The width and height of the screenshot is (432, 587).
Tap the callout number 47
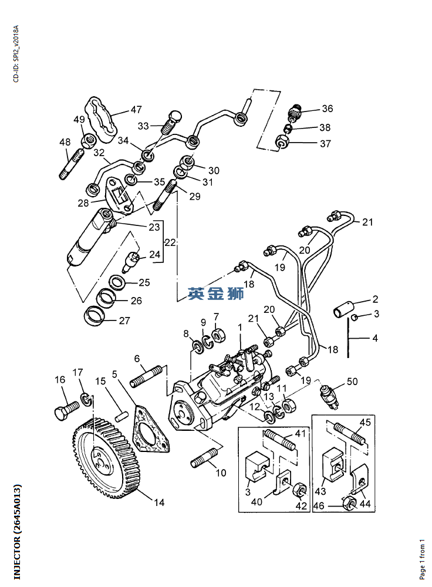[x=136, y=110]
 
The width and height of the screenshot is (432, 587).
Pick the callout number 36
[x=327, y=109]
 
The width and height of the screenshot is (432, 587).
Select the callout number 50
[x=352, y=382]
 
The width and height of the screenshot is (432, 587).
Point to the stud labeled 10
[x=204, y=458]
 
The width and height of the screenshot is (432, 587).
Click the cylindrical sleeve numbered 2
[x=345, y=308]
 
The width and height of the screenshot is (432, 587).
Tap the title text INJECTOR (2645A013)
[x=17, y=531]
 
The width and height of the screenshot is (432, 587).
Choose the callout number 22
[x=170, y=242]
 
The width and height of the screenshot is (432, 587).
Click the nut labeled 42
[x=298, y=489]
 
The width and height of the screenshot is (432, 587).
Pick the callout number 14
[x=159, y=502]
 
